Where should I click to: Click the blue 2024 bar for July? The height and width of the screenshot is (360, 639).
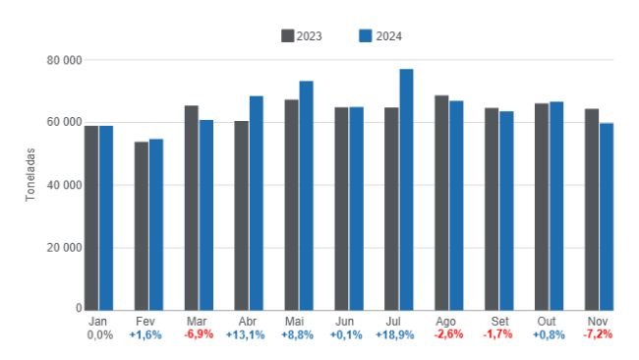[406, 189]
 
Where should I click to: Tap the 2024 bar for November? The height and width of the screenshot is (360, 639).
[607, 215]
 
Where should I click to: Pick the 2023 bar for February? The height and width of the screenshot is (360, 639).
[142, 225]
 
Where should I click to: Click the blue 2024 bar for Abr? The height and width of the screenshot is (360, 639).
[256, 203]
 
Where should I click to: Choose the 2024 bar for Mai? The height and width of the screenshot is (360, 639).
[306, 195]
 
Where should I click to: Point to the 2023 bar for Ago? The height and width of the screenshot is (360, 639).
[441, 203]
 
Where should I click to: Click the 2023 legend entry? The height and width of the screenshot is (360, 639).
[302, 36]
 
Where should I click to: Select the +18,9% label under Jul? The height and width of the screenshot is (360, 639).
[393, 335]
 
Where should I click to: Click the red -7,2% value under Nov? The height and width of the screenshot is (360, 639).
[598, 335]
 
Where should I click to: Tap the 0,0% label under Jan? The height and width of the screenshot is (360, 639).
[98, 335]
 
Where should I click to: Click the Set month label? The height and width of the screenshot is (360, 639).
[498, 322]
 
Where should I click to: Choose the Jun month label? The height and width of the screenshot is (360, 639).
[343, 322]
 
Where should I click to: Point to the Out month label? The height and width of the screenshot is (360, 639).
[548, 322]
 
